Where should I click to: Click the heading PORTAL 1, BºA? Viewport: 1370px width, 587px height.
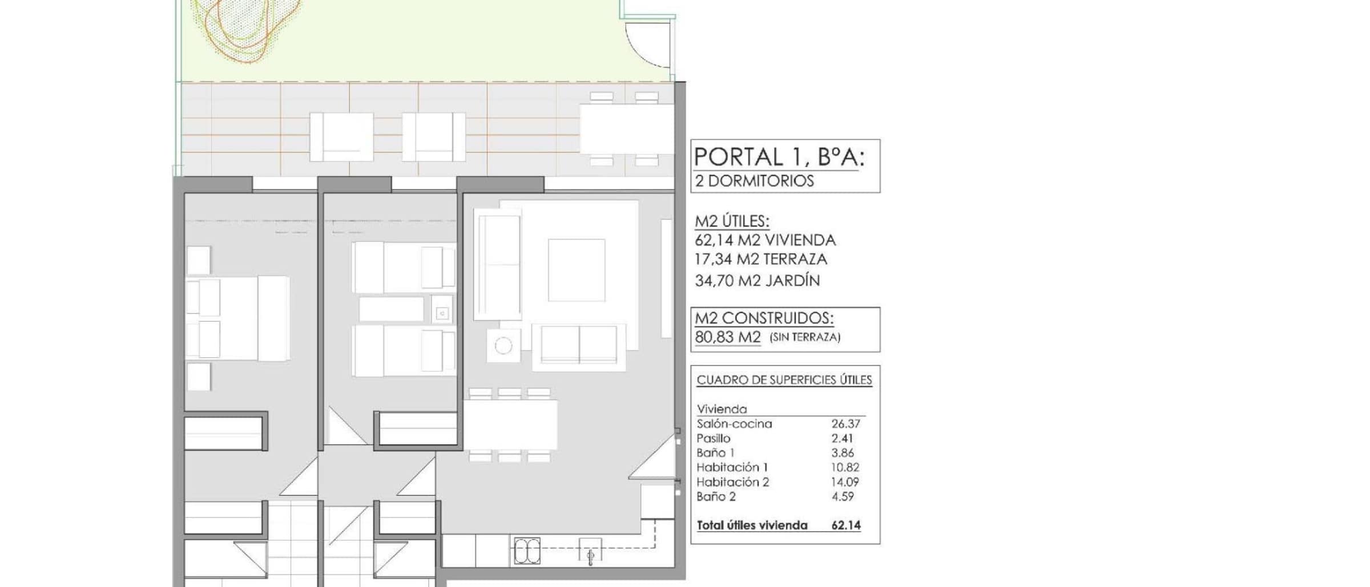tap(779, 157)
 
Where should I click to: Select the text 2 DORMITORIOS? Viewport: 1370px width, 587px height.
tap(754, 181)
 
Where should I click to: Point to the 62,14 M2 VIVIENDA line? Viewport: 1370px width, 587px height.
tap(765, 240)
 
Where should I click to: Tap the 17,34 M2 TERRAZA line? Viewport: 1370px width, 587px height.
tap(761, 260)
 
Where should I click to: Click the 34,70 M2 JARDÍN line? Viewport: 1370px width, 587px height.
tap(757, 280)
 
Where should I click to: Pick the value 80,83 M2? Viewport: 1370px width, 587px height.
tap(728, 337)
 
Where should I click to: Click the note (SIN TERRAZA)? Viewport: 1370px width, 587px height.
tap(805, 337)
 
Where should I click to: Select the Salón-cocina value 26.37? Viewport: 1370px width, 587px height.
tap(845, 424)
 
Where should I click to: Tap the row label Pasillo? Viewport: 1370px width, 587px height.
tap(714, 439)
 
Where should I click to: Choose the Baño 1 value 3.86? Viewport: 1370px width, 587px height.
tap(843, 453)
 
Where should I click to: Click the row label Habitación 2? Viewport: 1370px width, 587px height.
tap(733, 482)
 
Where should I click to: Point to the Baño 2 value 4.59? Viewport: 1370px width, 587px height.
tap(843, 496)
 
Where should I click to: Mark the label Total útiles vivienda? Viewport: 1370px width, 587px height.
tap(752, 525)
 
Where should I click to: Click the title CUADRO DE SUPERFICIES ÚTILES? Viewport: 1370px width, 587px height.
tap(784, 380)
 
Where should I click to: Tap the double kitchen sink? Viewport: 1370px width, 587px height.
tap(527, 551)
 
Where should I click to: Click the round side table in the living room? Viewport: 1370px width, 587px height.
tap(503, 346)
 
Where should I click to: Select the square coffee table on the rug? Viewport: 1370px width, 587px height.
tap(577, 270)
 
